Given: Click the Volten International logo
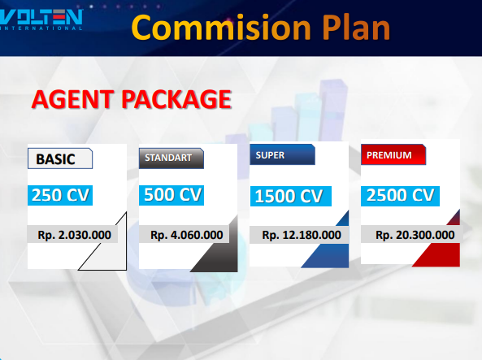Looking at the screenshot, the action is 41,20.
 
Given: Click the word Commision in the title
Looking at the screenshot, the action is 221,28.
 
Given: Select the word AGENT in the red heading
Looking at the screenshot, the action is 72,99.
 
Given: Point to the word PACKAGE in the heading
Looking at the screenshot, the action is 176,99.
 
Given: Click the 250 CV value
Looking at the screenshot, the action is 60,195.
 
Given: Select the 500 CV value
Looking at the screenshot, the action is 172,195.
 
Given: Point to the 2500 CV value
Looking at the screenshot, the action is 400,196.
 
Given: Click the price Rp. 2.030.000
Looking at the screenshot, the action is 74,235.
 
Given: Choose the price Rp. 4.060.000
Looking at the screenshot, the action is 187,235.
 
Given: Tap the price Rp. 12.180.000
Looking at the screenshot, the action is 302,235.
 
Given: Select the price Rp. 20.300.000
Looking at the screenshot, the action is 415,235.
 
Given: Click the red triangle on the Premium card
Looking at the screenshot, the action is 444,248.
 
